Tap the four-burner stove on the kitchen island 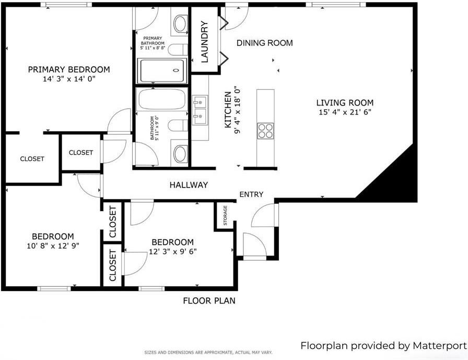click(x=265, y=131)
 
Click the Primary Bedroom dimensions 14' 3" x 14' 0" click(x=69, y=79)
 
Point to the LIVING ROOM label click(x=345, y=103)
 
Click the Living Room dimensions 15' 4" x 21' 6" click(x=345, y=112)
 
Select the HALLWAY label click(x=189, y=185)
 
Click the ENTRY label click(x=251, y=194)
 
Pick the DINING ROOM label click(x=265, y=43)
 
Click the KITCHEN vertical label click(x=228, y=110)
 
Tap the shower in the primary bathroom click(x=161, y=71)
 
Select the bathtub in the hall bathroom click(x=161, y=99)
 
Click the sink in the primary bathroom click(x=180, y=24)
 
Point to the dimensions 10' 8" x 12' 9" click(x=53, y=246)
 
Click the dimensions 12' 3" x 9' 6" click(x=172, y=251)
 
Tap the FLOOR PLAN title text click(x=209, y=301)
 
